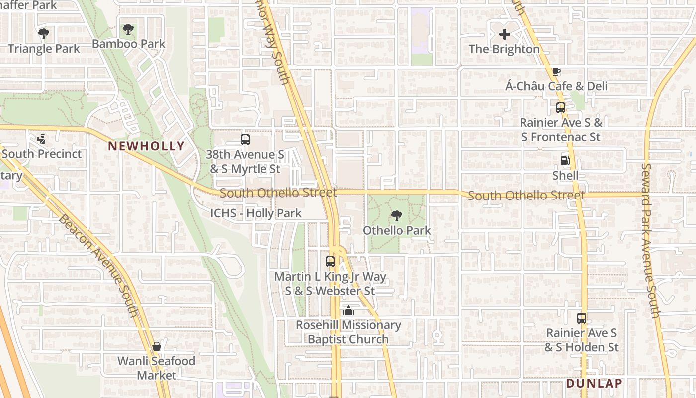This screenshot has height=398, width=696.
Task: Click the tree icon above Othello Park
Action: point(396,215)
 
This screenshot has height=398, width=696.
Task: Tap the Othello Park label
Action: point(397,231)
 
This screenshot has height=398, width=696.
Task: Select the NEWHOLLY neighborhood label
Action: point(146,146)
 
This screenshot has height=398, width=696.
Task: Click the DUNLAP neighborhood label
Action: point(594,383)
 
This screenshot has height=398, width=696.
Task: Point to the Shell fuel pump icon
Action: point(565,160)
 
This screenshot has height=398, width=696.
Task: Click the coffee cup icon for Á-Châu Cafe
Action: point(556,72)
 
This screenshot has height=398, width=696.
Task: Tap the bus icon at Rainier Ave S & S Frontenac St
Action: point(560,107)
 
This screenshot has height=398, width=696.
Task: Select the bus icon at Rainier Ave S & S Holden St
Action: point(581,318)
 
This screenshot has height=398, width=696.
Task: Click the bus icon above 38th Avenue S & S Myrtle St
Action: point(245,140)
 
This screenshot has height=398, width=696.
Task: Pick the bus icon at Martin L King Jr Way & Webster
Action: point(330,261)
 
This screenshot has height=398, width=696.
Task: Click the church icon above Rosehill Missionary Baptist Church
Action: point(348,311)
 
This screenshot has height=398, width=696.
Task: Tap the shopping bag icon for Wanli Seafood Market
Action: point(157,346)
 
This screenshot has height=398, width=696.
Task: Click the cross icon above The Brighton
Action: point(504,34)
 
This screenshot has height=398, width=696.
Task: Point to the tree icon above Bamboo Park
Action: point(128,29)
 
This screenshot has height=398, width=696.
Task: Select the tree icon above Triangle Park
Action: point(44,34)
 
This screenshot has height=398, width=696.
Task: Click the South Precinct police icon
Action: point(42,139)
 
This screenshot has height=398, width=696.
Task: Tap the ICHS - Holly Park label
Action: point(256,213)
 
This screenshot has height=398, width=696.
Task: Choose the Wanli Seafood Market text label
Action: point(157,368)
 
